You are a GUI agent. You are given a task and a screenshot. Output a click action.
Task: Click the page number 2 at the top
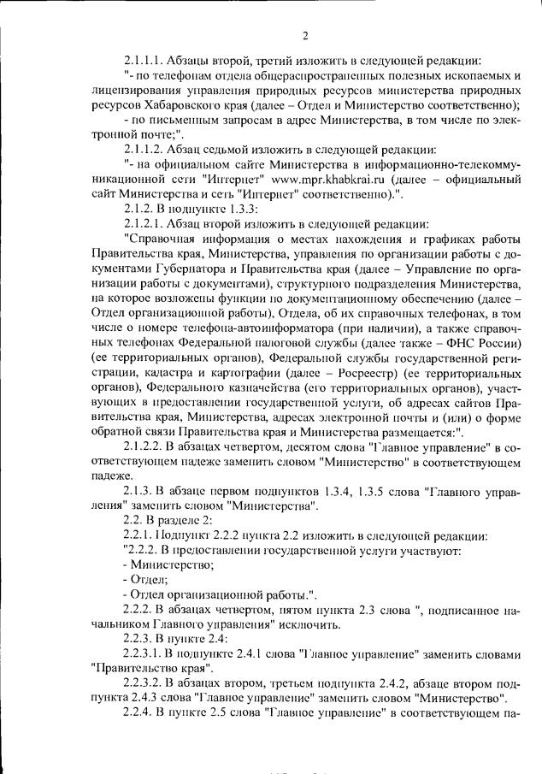coord(304,35)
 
